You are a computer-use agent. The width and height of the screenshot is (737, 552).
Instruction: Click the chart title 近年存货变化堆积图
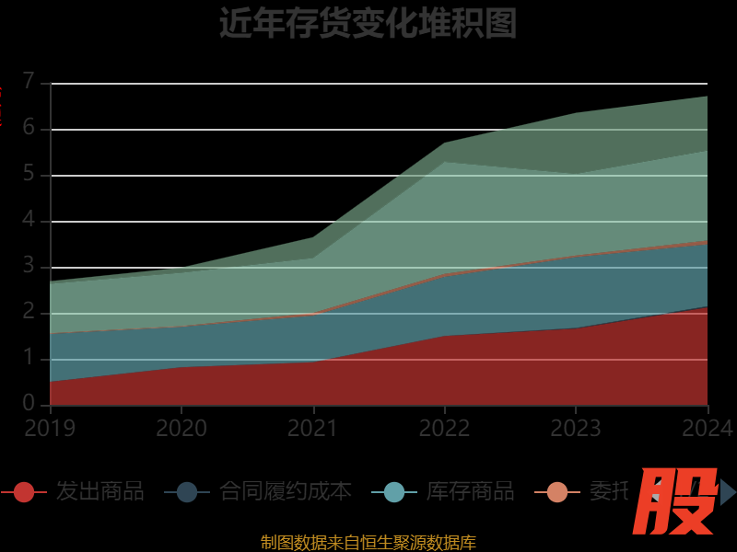pyautogui.click(x=368, y=23)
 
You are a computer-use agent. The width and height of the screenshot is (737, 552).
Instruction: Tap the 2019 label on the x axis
pyautogui.click(x=50, y=428)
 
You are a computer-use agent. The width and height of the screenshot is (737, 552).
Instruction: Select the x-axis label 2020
pyautogui.click(x=181, y=428)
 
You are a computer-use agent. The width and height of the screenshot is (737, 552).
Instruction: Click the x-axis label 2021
pyautogui.click(x=313, y=428)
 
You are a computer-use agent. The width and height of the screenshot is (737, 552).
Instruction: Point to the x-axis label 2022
pyautogui.click(x=445, y=428)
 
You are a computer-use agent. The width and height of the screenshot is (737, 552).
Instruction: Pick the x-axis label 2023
pyautogui.click(x=576, y=428)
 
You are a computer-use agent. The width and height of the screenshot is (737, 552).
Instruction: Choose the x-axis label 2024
pyautogui.click(x=708, y=428)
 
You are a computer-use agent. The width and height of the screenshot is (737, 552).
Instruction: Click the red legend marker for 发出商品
pyautogui.click(x=24, y=492)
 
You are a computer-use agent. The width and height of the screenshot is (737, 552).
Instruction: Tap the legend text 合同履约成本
pyautogui.click(x=285, y=491)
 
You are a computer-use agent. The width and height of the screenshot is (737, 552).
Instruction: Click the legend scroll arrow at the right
pyautogui.click(x=728, y=492)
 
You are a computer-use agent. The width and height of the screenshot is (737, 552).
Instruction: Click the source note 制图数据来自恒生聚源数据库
pyautogui.click(x=368, y=542)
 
